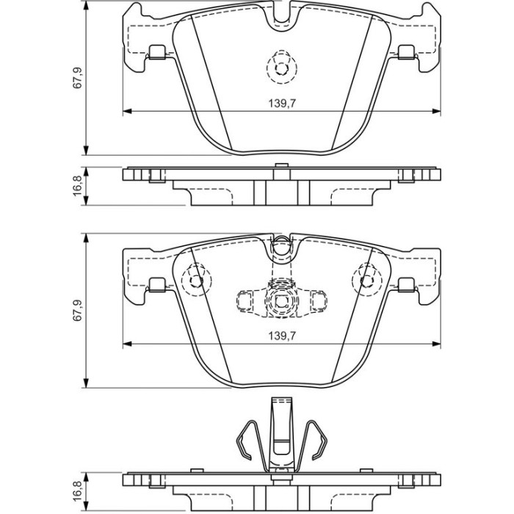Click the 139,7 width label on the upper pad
click(282, 104)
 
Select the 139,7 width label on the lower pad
click(282, 336)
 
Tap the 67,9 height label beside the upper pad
click(77, 78)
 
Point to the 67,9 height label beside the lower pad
click(77, 311)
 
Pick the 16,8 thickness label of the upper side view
click(77, 187)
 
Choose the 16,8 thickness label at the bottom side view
click(77, 491)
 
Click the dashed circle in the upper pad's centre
click(281, 68)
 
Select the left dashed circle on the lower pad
click(197, 280)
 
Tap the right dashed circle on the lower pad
click(366, 280)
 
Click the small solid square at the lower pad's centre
click(282, 301)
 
